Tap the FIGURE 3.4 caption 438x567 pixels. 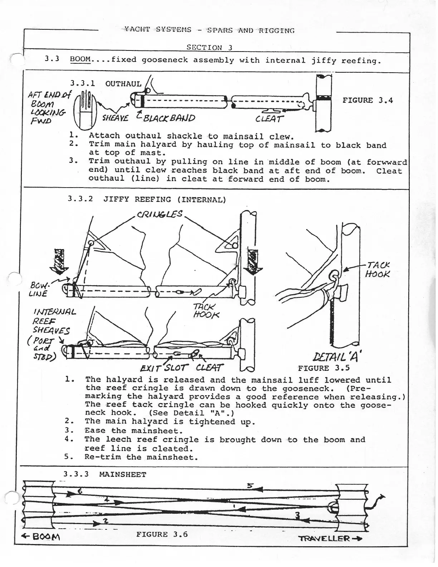368,101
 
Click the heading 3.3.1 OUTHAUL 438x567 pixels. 106,84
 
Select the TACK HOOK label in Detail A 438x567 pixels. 377,270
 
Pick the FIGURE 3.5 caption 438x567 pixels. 323,368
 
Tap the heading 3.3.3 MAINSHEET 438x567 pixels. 105,475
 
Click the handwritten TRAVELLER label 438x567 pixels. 330,538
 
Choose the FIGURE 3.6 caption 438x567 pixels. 162,534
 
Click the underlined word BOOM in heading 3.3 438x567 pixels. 80,59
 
